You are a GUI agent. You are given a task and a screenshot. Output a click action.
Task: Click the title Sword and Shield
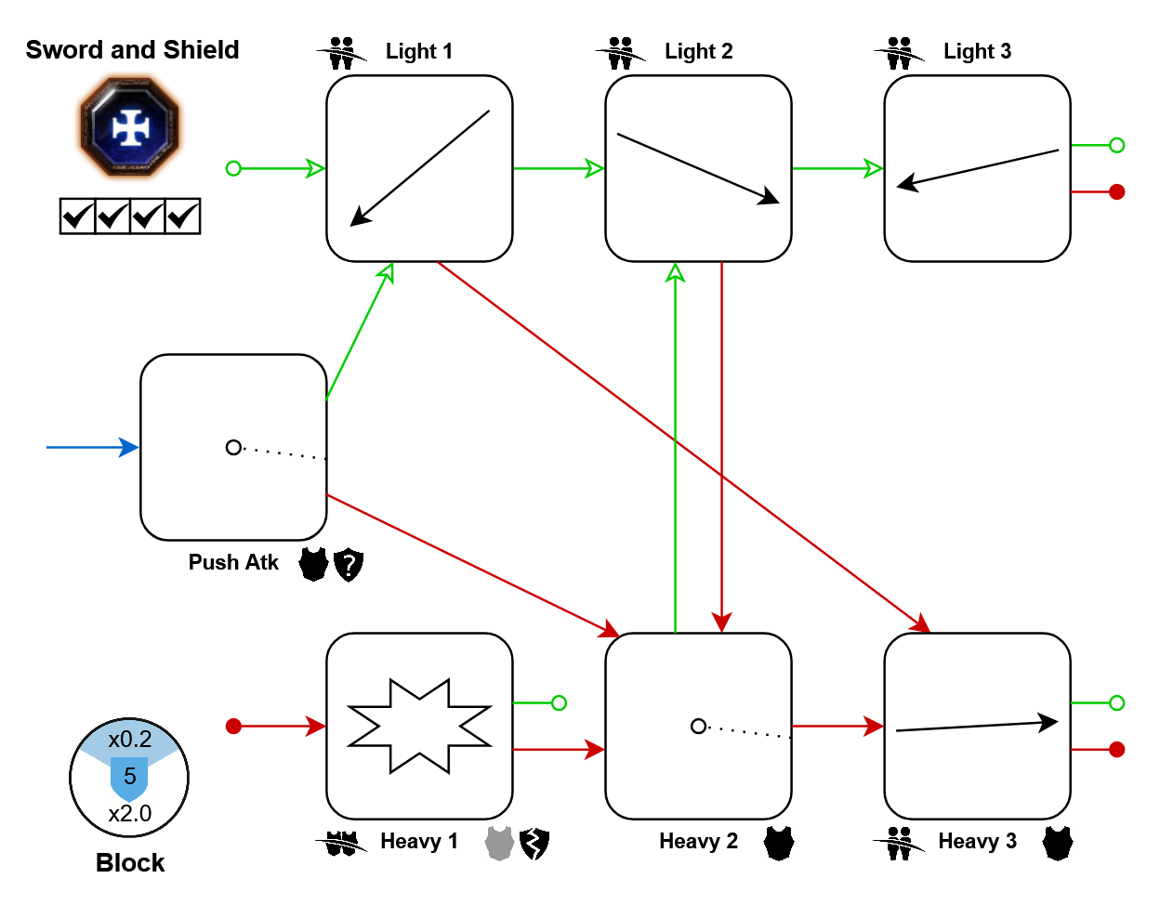(132, 50)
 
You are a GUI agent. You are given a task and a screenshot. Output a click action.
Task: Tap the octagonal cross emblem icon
(130, 126)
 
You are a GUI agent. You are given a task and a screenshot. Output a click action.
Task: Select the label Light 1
(419, 52)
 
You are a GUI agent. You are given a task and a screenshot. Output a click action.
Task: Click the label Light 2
(698, 52)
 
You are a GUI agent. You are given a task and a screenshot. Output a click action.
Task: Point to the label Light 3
(977, 52)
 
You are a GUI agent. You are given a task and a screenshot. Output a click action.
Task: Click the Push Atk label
(233, 562)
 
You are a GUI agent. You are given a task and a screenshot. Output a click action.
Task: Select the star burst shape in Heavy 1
(419, 726)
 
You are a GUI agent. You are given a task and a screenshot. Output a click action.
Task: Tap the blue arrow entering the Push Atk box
(93, 447)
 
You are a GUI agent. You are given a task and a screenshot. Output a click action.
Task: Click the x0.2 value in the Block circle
(130, 740)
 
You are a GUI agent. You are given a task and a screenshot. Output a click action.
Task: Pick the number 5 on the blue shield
(130, 776)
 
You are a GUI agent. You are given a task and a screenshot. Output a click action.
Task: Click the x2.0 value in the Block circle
(130, 814)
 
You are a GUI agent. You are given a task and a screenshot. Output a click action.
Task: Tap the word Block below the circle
(130, 863)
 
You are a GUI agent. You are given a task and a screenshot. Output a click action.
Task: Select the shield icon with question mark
(349, 564)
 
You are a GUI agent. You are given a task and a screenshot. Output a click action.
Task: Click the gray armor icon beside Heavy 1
(499, 843)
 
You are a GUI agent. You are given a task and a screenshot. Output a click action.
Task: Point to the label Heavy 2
(698, 842)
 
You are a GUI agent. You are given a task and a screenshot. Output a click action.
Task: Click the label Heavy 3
(977, 842)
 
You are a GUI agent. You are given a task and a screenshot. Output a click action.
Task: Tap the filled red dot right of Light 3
(1117, 191)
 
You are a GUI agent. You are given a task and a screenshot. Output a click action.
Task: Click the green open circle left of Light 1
(233, 168)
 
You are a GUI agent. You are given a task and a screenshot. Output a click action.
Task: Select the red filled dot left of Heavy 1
(233, 726)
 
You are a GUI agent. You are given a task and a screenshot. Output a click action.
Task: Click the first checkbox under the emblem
(77, 216)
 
